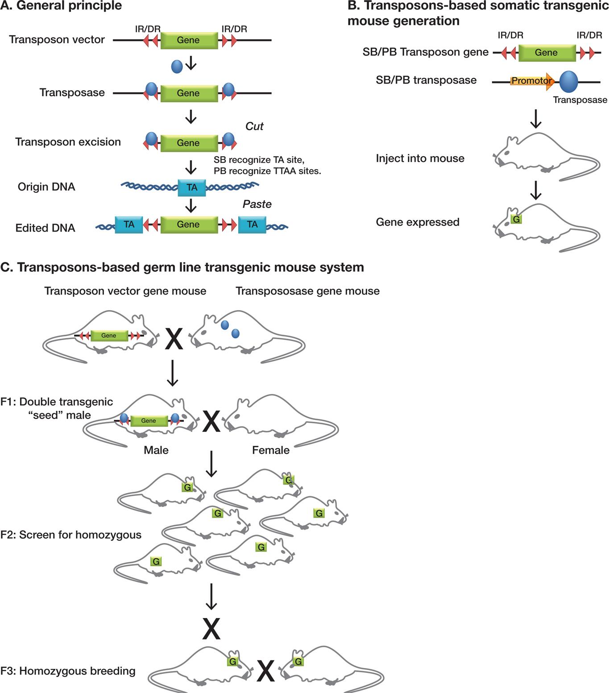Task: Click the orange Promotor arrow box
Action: (531, 81)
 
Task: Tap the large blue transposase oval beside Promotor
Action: (568, 82)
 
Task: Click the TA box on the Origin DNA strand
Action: (192, 187)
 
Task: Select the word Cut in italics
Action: (254, 127)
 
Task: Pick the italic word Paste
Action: (257, 204)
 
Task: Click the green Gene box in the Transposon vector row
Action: (189, 40)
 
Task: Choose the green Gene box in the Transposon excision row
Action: (189, 143)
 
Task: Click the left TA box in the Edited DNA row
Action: (129, 224)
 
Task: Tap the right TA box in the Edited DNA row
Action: (252, 224)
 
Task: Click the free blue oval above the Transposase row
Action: (177, 67)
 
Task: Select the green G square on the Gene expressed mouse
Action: (516, 219)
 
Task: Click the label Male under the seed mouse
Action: (156, 450)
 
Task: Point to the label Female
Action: (271, 450)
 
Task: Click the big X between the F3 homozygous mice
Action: (265, 671)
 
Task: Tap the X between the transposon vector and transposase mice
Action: (174, 339)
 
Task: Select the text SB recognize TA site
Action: (259, 160)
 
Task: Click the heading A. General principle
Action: (61, 6)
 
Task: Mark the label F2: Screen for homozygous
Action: (71, 535)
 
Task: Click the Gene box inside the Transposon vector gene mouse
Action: (109, 336)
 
